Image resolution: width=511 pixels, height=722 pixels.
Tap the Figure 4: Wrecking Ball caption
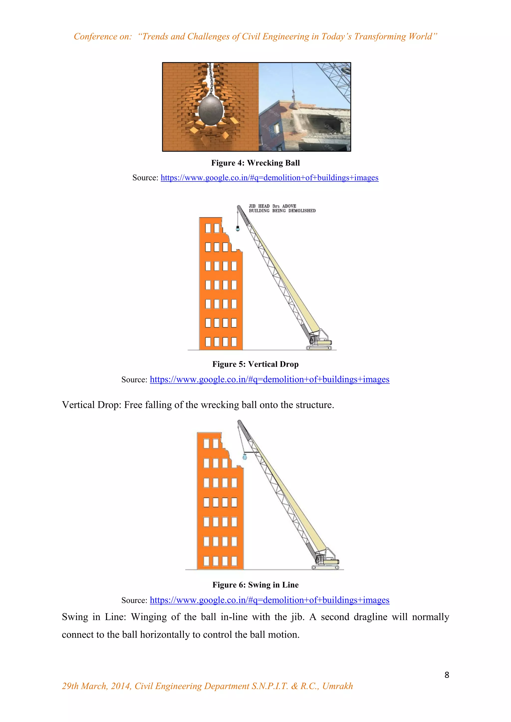tap(255, 163)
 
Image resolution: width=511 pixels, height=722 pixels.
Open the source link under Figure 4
tap(269, 178)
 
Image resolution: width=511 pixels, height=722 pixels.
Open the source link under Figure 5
tap(269, 379)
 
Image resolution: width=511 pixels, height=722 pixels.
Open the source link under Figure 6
tap(269, 600)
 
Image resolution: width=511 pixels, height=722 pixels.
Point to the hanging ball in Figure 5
tap(238, 229)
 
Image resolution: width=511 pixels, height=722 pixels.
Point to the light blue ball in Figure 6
tap(245, 456)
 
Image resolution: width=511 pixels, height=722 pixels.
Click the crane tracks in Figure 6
tap(325, 567)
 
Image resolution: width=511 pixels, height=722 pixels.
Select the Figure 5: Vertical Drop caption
tap(255, 364)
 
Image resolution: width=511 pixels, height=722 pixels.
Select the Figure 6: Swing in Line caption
tap(255, 585)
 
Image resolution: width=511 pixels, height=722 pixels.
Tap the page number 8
tap(446, 675)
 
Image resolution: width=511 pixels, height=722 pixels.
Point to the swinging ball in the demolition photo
tap(294, 105)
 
